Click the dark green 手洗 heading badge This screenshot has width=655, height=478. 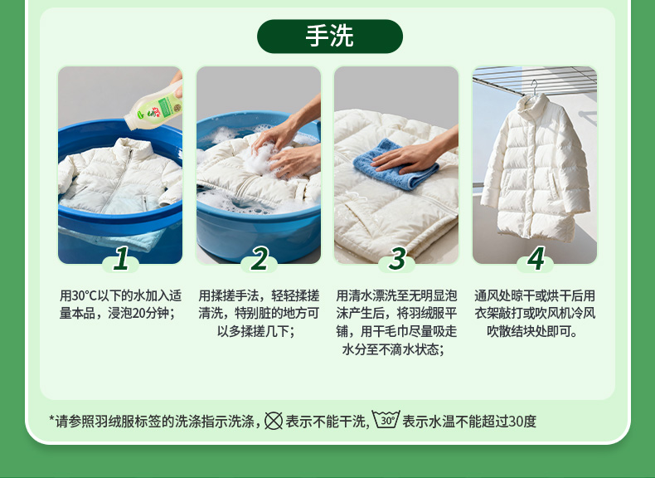[x=330, y=36]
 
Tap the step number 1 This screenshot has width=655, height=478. [x=122, y=258]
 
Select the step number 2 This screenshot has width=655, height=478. [x=260, y=258]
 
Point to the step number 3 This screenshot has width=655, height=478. [x=397, y=258]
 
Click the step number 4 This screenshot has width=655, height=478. [x=536, y=258]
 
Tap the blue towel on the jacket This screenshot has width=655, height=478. [x=395, y=164]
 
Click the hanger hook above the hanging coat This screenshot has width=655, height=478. [x=534, y=88]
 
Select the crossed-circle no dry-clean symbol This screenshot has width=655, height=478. [x=274, y=421]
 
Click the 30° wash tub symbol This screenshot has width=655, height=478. [x=386, y=419]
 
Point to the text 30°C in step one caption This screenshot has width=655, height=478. [x=84, y=295]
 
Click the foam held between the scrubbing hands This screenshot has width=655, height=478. [x=260, y=159]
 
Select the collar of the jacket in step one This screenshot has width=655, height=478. [x=133, y=147]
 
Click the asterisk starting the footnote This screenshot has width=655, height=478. [x=51, y=419]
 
